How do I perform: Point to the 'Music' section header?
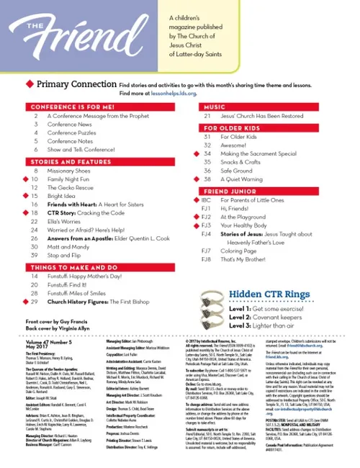(216, 107)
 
